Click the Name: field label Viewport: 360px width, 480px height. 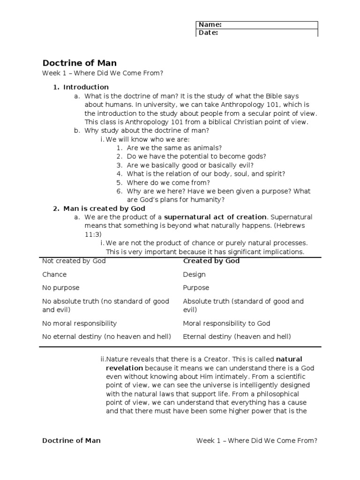click(210, 25)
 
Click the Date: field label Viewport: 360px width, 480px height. click(208, 33)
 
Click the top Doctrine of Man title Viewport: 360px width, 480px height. click(80, 63)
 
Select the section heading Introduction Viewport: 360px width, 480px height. click(86, 87)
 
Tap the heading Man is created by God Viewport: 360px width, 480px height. click(104, 209)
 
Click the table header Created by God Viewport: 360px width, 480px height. click(211, 261)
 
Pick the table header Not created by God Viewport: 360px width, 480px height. click(74, 261)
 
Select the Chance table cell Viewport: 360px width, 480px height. click(54, 274)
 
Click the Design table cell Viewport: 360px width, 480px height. click(194, 274)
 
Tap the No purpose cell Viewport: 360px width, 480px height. click(61, 287)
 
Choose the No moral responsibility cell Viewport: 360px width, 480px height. click(79, 323)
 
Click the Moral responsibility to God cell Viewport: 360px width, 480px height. click(226, 323)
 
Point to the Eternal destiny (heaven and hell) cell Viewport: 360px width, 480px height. click(237, 337)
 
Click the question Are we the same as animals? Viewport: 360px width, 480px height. click(174, 148)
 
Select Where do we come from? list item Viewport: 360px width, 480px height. click(168, 183)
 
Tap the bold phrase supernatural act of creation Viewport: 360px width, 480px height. click(215, 217)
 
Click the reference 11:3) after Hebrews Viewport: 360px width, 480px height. click(93, 234)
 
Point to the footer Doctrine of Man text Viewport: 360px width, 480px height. click(71, 441)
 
